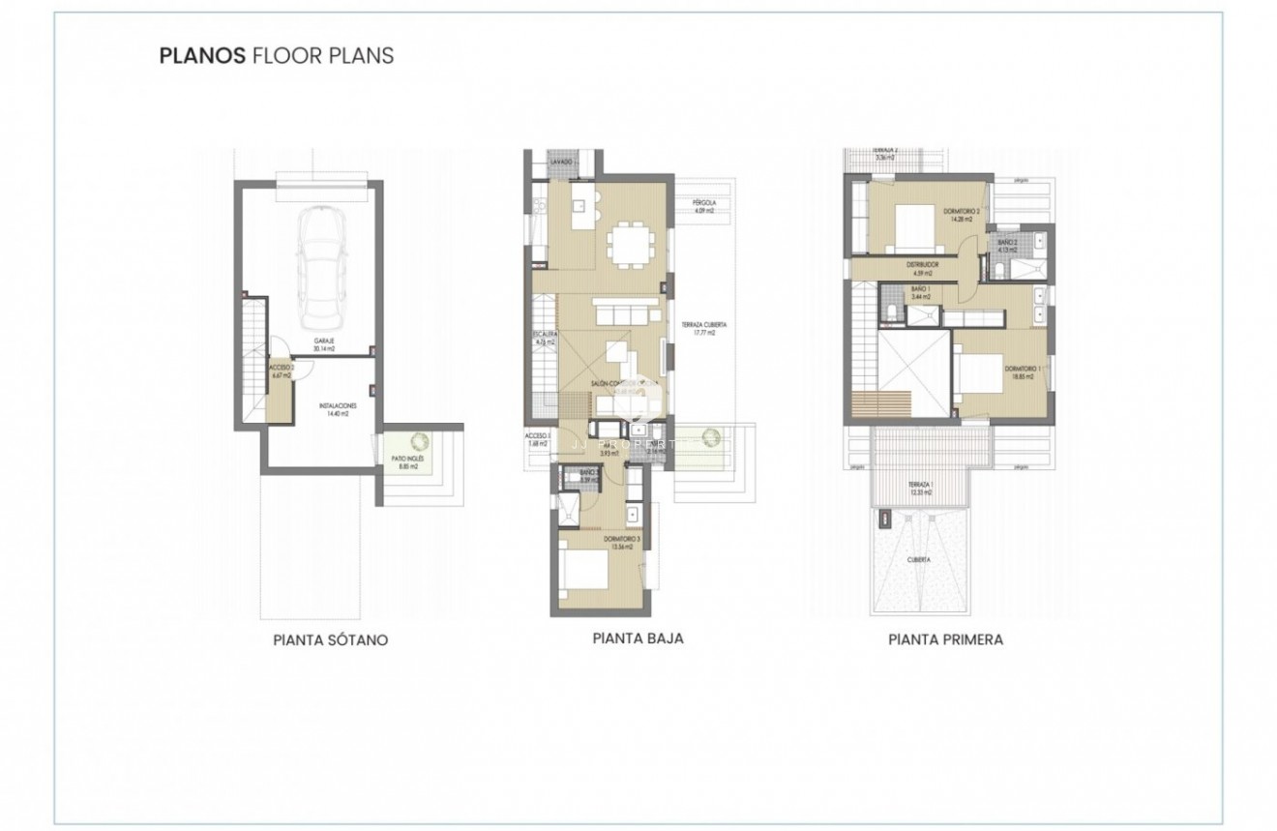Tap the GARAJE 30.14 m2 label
point(324,344)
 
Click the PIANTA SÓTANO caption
point(331,640)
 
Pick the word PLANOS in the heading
point(202,55)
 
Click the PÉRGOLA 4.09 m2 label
point(703,206)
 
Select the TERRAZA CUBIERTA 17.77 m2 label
point(703,328)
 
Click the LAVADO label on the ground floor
point(562,162)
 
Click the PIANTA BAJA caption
point(637,638)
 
